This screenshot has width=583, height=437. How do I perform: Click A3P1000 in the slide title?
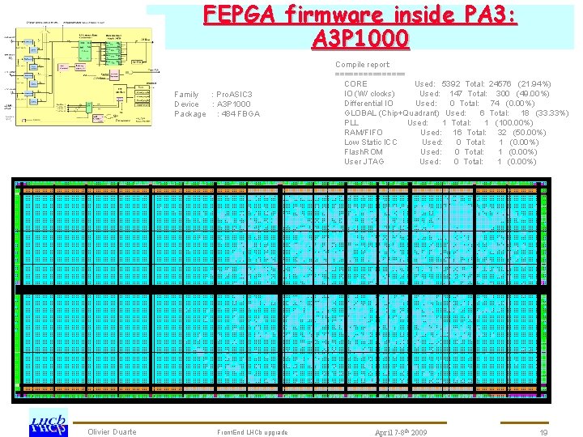pyautogui.click(x=360, y=38)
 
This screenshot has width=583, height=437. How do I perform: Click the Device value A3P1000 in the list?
pyautogui.click(x=232, y=104)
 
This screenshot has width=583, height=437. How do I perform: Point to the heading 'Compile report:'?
pyautogui.click(x=363, y=64)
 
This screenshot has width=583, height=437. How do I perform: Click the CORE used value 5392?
pyautogui.click(x=450, y=84)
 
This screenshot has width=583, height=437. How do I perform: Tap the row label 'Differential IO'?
pyautogui.click(x=368, y=104)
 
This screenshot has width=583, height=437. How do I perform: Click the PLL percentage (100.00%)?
pyautogui.click(x=513, y=123)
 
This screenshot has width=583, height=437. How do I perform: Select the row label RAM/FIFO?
pyautogui.click(x=364, y=133)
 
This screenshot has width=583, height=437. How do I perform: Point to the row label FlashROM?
pyautogui.click(x=364, y=152)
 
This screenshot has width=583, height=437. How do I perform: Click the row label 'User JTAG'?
pyautogui.click(x=364, y=162)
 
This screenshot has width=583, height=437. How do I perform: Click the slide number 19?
pyautogui.click(x=544, y=432)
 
